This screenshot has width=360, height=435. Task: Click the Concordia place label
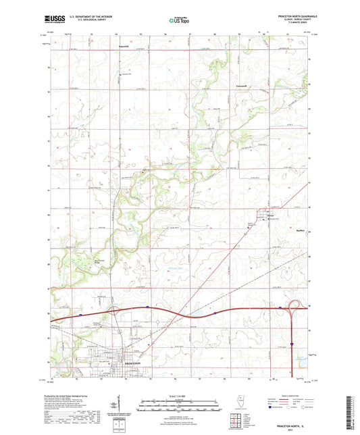(124, 47)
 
